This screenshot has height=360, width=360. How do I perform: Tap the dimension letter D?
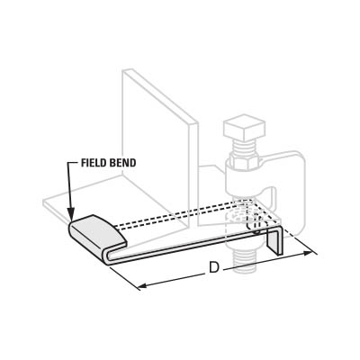214,267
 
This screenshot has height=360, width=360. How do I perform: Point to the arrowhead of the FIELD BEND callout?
72,216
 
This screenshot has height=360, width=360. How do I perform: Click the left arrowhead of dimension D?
142,285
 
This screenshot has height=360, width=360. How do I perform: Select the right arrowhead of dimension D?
308,254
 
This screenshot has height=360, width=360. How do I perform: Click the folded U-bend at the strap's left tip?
106,256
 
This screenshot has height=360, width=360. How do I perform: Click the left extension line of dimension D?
124,277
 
